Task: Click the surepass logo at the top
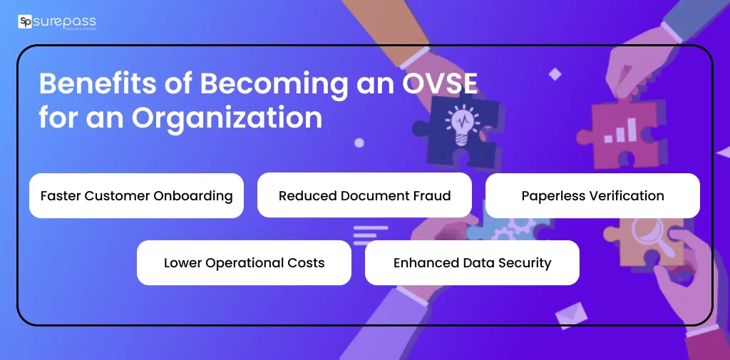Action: click(56, 22)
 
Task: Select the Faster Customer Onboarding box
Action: click(136, 195)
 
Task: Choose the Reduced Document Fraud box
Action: click(364, 195)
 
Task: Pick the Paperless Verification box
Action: click(592, 195)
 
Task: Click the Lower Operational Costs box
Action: click(244, 262)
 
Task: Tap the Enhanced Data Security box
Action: click(472, 262)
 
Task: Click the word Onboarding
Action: click(195, 196)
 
